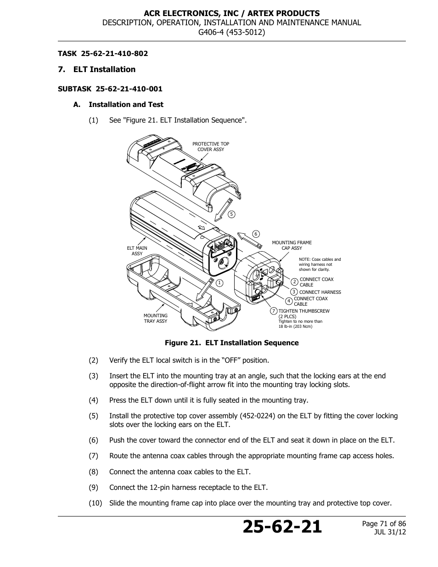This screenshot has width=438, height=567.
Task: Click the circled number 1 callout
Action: click(x=219, y=283)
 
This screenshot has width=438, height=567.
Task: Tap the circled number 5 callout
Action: click(x=231, y=214)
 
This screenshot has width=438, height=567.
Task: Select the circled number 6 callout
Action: click(x=256, y=234)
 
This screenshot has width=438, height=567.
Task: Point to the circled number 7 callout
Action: click(x=274, y=311)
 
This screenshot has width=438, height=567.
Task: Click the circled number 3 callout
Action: click(x=294, y=292)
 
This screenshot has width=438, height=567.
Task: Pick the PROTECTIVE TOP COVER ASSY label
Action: click(x=211, y=146)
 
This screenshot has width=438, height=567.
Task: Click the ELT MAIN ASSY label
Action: click(x=137, y=251)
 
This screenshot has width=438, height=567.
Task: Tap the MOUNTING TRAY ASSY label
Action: click(x=156, y=318)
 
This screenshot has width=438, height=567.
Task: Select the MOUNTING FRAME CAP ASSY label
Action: click(x=292, y=245)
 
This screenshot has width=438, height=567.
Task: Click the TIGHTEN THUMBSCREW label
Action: click(x=304, y=311)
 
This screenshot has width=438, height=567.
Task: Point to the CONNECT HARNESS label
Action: click(x=320, y=292)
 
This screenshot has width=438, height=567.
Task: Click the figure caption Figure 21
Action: click(x=232, y=343)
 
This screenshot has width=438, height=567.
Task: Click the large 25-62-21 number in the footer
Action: click(x=282, y=527)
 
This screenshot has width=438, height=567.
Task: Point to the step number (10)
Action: click(x=95, y=503)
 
